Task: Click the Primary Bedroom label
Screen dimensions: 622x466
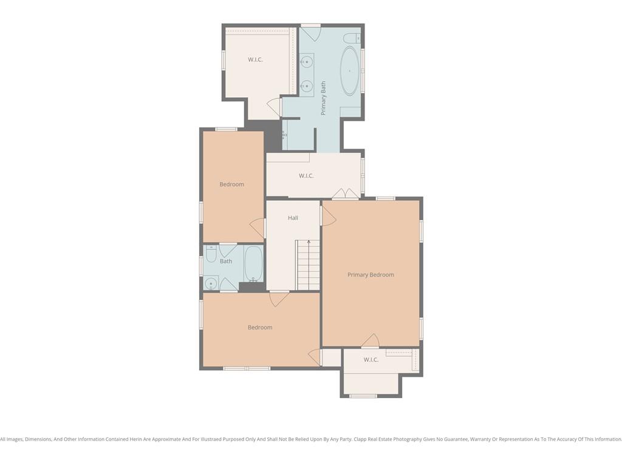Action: click(x=371, y=275)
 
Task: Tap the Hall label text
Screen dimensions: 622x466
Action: click(x=293, y=218)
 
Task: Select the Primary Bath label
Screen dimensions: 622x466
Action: click(x=323, y=98)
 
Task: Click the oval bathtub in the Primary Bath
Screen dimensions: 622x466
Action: click(x=349, y=71)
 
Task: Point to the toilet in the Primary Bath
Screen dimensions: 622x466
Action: click(x=352, y=38)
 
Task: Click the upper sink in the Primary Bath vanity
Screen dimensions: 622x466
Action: click(x=306, y=62)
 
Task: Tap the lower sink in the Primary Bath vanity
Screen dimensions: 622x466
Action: click(x=306, y=86)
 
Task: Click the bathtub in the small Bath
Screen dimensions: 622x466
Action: click(x=253, y=263)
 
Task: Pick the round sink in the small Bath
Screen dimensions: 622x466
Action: click(x=211, y=284)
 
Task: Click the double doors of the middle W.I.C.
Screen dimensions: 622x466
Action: click(x=346, y=194)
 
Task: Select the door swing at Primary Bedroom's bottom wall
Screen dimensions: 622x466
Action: click(x=371, y=340)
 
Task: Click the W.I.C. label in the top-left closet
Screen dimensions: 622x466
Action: click(x=255, y=59)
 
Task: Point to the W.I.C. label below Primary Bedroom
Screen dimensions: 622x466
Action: click(x=371, y=359)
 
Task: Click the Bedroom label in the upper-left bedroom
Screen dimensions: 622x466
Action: click(x=231, y=184)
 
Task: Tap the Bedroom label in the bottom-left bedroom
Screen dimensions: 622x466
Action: click(x=260, y=327)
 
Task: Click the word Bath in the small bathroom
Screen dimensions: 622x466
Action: click(x=226, y=261)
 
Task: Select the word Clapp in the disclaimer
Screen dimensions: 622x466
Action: click(x=360, y=439)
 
